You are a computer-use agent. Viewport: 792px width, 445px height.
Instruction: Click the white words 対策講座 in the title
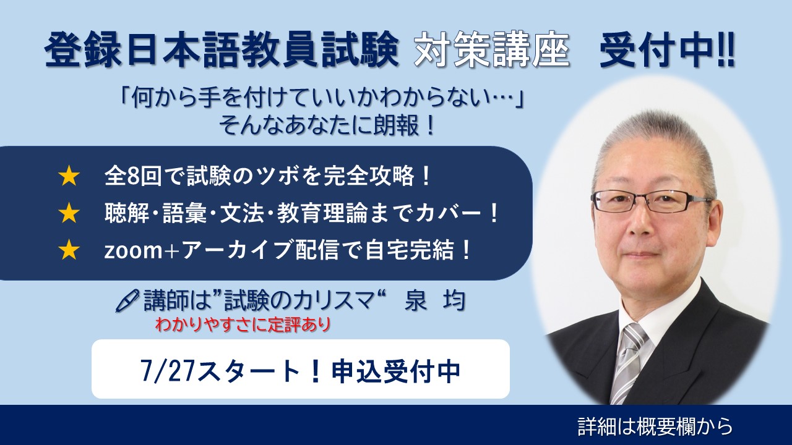pyautogui.click(x=492, y=50)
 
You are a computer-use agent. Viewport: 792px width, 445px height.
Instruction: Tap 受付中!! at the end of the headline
pyautogui.click(x=667, y=50)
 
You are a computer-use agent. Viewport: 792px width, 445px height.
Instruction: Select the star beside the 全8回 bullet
pyautogui.click(x=69, y=177)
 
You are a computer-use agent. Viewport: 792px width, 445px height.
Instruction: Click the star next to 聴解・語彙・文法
pyautogui.click(x=69, y=213)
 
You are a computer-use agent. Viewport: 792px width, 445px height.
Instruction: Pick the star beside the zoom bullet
pyautogui.click(x=69, y=250)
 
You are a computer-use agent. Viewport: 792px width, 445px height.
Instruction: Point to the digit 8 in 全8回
pyautogui.click(x=134, y=176)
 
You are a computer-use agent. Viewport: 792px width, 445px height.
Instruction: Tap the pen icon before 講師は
pyautogui.click(x=127, y=301)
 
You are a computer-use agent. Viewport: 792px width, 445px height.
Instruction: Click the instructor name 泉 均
pyautogui.click(x=434, y=301)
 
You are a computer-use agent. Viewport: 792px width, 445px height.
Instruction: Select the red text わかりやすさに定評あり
pyautogui.click(x=243, y=324)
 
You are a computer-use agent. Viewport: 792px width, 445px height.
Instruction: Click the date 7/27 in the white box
pyautogui.click(x=168, y=371)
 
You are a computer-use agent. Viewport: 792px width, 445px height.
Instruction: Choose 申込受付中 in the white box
pyautogui.click(x=396, y=371)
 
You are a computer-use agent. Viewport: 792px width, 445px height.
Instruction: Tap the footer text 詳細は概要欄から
pyautogui.click(x=655, y=426)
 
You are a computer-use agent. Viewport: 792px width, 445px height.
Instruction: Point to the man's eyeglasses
pyautogui.click(x=650, y=201)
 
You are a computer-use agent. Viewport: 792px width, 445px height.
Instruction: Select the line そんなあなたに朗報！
pyautogui.click(x=327, y=125)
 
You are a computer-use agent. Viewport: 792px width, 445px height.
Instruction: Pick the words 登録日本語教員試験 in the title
pyautogui.click(x=222, y=49)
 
